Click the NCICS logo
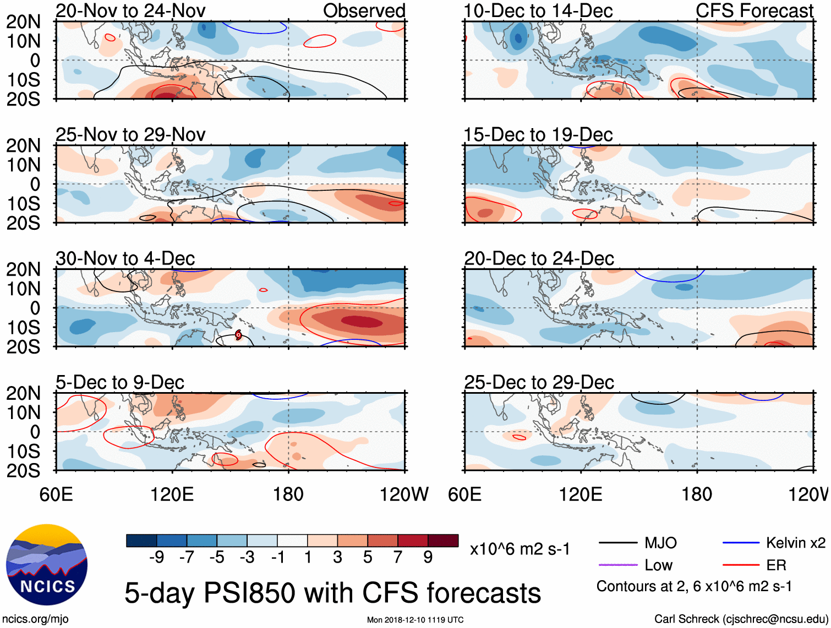point(47,565)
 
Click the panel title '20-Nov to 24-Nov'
point(130,10)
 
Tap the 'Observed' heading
point(364,10)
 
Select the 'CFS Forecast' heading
point(754,10)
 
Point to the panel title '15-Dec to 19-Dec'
point(538,135)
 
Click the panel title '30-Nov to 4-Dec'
point(125,258)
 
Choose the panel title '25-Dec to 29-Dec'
point(539,382)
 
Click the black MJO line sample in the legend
point(618,543)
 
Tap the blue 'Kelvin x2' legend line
point(741,543)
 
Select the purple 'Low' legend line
point(618,565)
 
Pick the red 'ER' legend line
point(741,565)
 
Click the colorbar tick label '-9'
point(156,558)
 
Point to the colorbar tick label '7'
point(398,558)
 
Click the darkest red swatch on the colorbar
point(443,541)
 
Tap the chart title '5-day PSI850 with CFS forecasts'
point(332,593)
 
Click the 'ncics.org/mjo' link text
point(36,619)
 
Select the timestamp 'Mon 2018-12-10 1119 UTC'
point(415,620)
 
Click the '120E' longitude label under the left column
point(172,494)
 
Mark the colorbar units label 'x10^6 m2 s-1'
point(520,549)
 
